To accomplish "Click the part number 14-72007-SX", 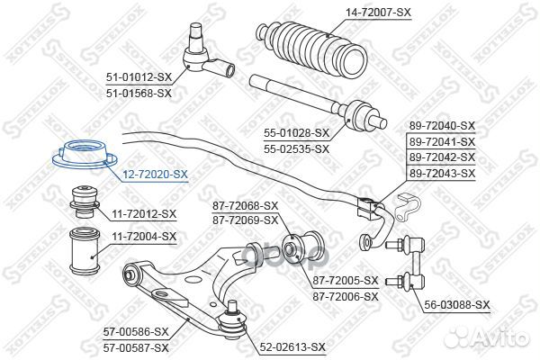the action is pos(379,13).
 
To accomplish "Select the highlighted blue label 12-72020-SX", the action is pos(155,175).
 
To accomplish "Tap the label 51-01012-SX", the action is pos(139,76).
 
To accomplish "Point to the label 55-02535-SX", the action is pos(296,148).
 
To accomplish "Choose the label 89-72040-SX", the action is pos(442,126).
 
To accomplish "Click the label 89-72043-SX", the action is pos(442,173).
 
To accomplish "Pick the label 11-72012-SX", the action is pos(144,214).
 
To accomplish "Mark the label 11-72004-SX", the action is pos(144,237).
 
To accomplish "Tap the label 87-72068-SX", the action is pos(245,206).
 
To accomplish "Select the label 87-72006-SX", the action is pos(346,296).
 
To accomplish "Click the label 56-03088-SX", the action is pos(456,304).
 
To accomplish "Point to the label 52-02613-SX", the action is pos(292,346).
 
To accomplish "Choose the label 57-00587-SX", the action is pos(136,348).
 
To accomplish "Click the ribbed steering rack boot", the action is pos(312,49).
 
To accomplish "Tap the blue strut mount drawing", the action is pos(85,155).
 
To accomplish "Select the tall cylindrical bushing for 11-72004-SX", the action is pos(85,251).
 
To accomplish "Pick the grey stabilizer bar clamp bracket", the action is pos(407,206).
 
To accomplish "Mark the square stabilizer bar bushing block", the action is pos(367,208).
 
